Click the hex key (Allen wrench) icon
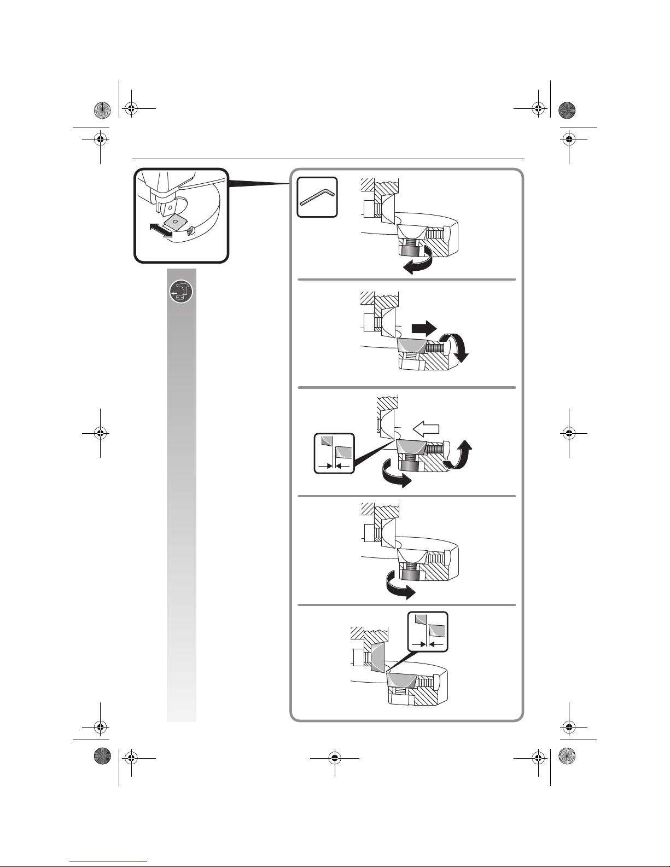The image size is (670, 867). click(317, 197)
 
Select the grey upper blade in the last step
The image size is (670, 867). click(377, 657)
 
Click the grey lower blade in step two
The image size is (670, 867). click(412, 346)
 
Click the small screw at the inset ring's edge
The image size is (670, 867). click(189, 230)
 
